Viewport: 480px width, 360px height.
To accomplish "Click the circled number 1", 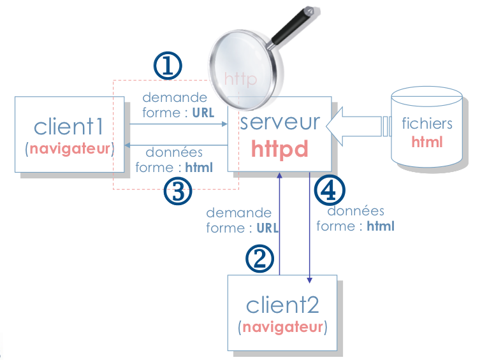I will click(x=168, y=66).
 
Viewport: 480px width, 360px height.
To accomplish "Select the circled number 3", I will click(x=178, y=191).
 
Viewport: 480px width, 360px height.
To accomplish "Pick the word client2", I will click(x=282, y=305).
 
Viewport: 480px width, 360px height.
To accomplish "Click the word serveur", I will click(x=280, y=122).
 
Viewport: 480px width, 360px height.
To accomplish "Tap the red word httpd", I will click(x=280, y=148).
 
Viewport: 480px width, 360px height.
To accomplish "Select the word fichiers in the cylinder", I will click(x=426, y=124).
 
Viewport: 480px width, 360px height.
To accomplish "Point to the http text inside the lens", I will click(x=240, y=80).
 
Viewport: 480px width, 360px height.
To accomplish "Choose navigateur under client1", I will click(x=69, y=150).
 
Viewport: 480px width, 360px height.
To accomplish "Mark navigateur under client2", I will click(x=282, y=328).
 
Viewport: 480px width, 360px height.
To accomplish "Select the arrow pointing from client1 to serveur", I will click(x=178, y=125).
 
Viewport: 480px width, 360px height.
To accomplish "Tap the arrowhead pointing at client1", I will click(x=127, y=146).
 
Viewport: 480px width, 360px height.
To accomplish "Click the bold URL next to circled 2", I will click(x=268, y=227).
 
